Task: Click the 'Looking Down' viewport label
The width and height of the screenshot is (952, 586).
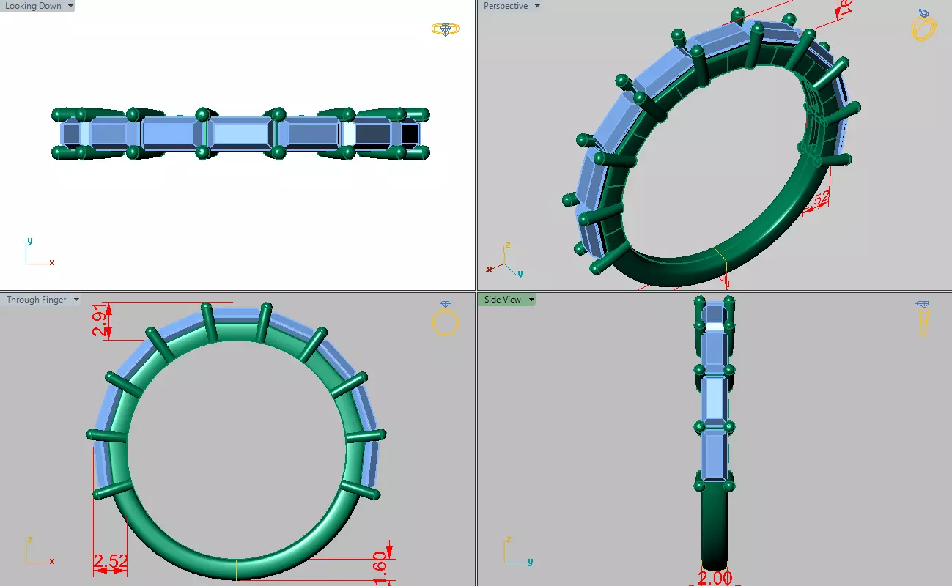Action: click(33, 6)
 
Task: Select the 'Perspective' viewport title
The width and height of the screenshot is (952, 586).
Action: click(505, 6)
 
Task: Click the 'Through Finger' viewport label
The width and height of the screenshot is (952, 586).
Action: click(36, 300)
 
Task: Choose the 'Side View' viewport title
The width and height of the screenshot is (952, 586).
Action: click(502, 300)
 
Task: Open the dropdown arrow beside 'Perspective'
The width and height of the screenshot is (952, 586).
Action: click(537, 6)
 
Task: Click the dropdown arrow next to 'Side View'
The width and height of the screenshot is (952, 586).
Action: click(531, 300)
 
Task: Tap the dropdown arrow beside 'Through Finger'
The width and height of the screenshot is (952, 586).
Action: click(76, 300)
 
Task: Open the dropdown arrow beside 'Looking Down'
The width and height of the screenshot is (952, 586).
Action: click(70, 6)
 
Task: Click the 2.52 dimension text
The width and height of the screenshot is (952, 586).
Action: click(110, 563)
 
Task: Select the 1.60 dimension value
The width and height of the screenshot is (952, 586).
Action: click(380, 565)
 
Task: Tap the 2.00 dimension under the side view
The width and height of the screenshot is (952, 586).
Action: click(715, 578)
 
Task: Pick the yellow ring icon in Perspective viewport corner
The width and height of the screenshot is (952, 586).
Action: click(923, 26)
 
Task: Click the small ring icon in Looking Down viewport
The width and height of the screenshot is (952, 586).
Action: click(445, 29)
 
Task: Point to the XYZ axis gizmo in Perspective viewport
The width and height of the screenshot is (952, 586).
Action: click(506, 260)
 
